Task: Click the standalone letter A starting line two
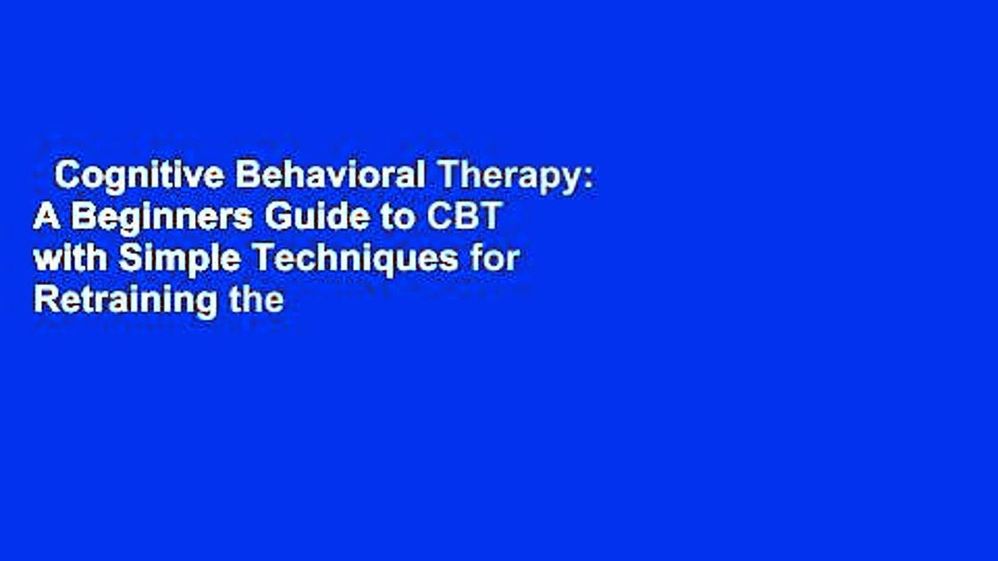pos(46,218)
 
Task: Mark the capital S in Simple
pos(127,259)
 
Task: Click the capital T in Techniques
pos(243,259)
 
